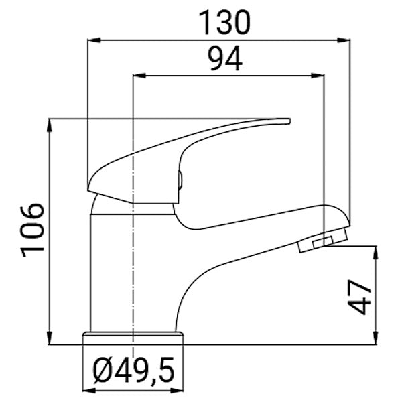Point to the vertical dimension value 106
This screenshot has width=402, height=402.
pos(33,228)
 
